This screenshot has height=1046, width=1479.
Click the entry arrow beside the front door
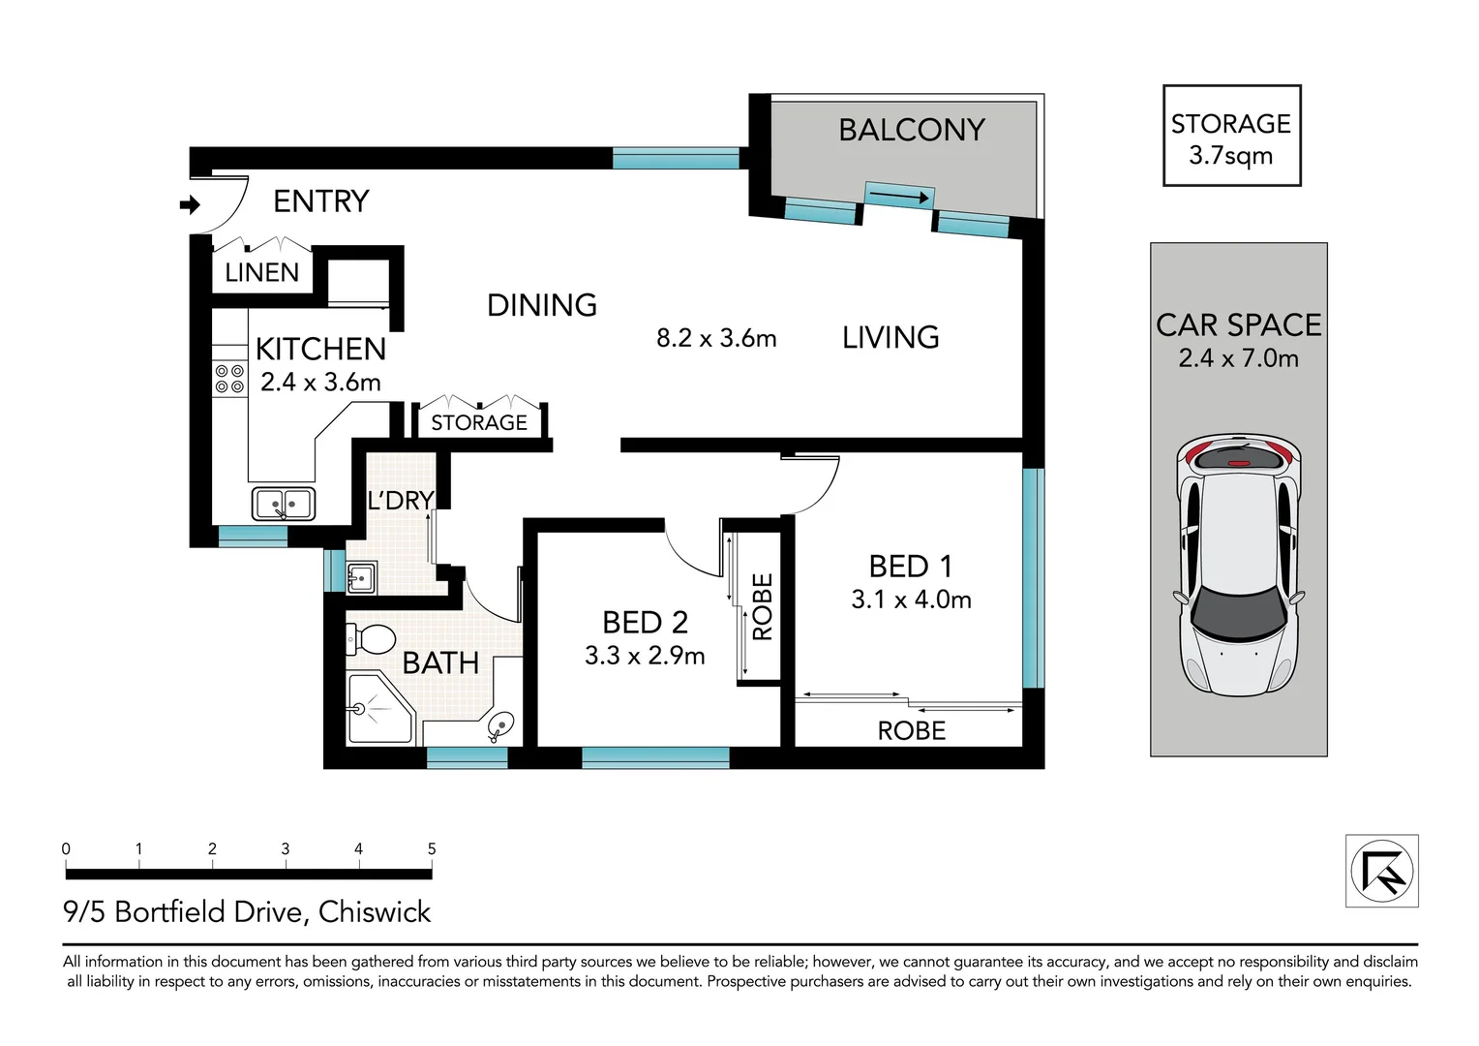(x=190, y=204)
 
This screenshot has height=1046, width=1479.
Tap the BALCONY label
(x=912, y=130)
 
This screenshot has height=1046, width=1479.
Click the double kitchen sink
(x=284, y=505)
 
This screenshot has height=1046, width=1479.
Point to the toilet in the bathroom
(x=371, y=639)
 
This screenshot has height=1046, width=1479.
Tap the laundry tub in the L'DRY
(x=361, y=578)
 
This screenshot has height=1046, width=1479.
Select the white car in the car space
(x=1238, y=565)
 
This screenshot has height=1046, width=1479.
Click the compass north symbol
(x=1382, y=871)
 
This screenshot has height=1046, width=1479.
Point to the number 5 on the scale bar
(x=432, y=849)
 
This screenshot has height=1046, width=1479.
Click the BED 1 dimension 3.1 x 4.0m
(x=911, y=600)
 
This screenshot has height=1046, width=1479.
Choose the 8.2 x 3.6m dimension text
(x=716, y=338)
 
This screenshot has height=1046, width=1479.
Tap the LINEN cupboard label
(x=262, y=272)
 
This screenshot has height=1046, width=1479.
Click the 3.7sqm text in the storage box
(x=1231, y=157)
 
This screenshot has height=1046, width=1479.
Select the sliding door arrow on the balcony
(x=898, y=196)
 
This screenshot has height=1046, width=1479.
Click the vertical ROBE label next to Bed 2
(x=763, y=606)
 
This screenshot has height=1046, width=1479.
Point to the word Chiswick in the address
(x=375, y=912)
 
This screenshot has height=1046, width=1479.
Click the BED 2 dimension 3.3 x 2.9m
(x=645, y=656)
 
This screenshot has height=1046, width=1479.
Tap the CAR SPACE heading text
(x=1239, y=325)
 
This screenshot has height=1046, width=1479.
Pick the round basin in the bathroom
(x=501, y=725)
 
